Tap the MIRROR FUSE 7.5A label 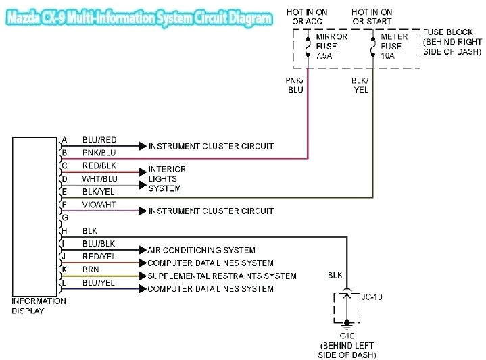point(331,46)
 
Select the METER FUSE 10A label point(394,46)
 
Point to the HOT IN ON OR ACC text point(307,17)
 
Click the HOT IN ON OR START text point(372,17)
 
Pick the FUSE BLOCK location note point(452,42)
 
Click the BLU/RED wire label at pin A point(99,140)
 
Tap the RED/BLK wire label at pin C point(99,165)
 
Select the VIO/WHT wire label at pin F point(99,205)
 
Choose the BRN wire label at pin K point(91,269)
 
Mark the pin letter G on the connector point(65,218)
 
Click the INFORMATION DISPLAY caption point(39,306)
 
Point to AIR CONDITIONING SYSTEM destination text point(201,250)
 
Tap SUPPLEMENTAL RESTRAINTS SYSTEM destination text point(222,276)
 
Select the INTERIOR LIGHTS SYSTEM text point(167,178)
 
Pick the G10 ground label point(347,335)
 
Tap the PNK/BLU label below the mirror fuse point(295,84)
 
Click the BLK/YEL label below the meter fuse point(360,84)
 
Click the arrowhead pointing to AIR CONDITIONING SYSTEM point(142,250)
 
